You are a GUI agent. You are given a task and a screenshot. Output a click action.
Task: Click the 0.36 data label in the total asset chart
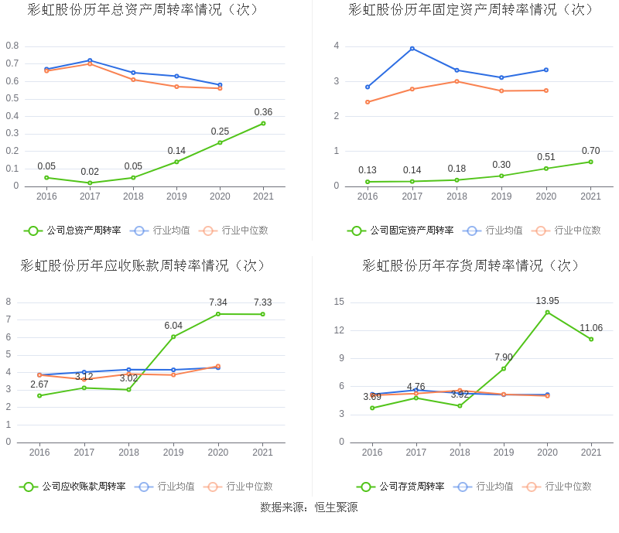(x=263, y=112)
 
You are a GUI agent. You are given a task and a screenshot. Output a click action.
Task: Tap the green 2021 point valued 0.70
(x=590, y=162)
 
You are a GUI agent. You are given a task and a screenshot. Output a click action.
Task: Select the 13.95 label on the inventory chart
(x=547, y=301)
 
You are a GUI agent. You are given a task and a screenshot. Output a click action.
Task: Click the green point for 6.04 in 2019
(x=173, y=337)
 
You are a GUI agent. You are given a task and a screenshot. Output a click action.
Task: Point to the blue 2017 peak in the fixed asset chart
(x=412, y=49)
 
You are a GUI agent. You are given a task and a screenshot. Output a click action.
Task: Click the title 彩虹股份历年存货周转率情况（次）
(x=471, y=265)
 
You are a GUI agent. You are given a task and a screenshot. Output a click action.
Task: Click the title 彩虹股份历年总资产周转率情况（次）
(x=143, y=10)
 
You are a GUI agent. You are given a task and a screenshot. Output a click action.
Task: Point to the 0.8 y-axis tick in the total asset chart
(x=12, y=46)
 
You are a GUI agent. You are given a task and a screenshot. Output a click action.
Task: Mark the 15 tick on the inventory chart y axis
(x=339, y=302)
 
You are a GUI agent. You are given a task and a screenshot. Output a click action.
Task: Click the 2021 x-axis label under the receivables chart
(x=263, y=453)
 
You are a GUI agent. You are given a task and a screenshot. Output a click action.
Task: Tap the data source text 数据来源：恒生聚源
(x=309, y=507)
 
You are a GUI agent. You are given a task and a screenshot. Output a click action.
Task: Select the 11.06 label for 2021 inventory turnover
(x=590, y=328)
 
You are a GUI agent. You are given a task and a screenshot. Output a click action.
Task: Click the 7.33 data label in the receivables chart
(x=262, y=302)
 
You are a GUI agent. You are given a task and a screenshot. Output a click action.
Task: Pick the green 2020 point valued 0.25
(x=220, y=142)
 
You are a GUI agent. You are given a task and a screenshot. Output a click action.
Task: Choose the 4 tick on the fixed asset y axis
(x=337, y=46)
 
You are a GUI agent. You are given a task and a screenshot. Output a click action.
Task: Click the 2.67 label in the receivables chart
(x=39, y=384)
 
